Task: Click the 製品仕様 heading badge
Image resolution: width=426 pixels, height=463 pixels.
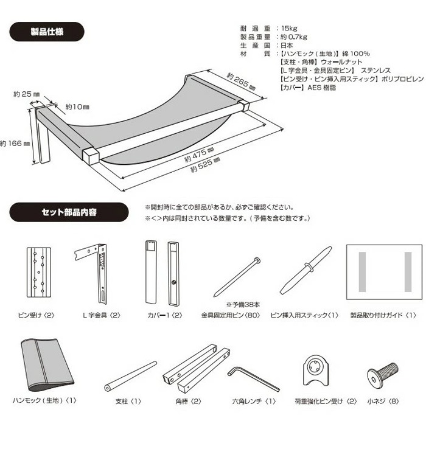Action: click(47, 32)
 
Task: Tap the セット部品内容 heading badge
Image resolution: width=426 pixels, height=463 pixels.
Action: click(69, 212)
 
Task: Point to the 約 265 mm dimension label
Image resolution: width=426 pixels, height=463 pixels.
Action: click(241, 82)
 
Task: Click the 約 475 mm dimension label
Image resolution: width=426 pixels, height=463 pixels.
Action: click(199, 155)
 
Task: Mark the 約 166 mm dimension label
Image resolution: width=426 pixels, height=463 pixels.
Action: click(15, 144)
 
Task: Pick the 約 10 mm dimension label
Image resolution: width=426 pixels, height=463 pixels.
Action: click(77, 107)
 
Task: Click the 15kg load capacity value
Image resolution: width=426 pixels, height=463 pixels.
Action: click(289, 29)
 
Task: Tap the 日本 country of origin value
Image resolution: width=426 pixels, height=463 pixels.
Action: click(287, 45)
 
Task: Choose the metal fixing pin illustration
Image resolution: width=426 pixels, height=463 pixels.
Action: click(237, 277)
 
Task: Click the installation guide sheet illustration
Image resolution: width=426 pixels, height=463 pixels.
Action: click(384, 272)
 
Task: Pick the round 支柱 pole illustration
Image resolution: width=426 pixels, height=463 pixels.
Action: click(131, 376)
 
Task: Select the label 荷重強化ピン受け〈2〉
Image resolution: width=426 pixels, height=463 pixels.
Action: click(326, 402)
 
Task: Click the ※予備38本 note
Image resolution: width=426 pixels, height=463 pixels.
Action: click(243, 304)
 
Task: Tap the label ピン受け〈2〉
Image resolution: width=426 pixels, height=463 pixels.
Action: click(37, 315)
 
